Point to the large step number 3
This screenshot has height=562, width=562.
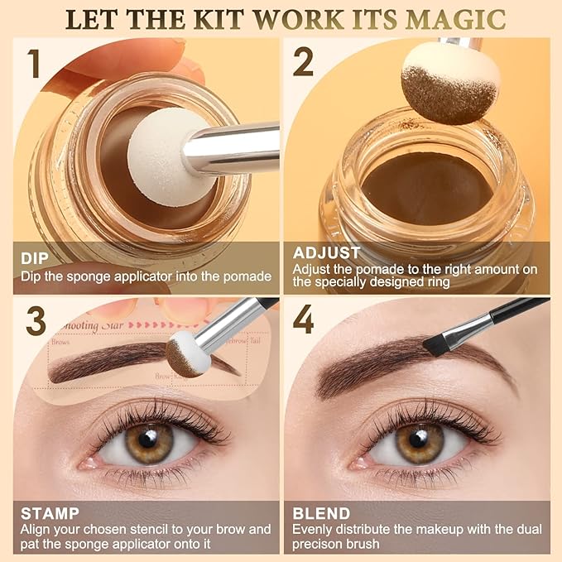(x=35, y=321)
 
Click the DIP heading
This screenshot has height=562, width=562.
(x=36, y=252)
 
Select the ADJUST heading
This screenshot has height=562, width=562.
(x=327, y=252)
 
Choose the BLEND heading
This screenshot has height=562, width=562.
(x=321, y=513)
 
